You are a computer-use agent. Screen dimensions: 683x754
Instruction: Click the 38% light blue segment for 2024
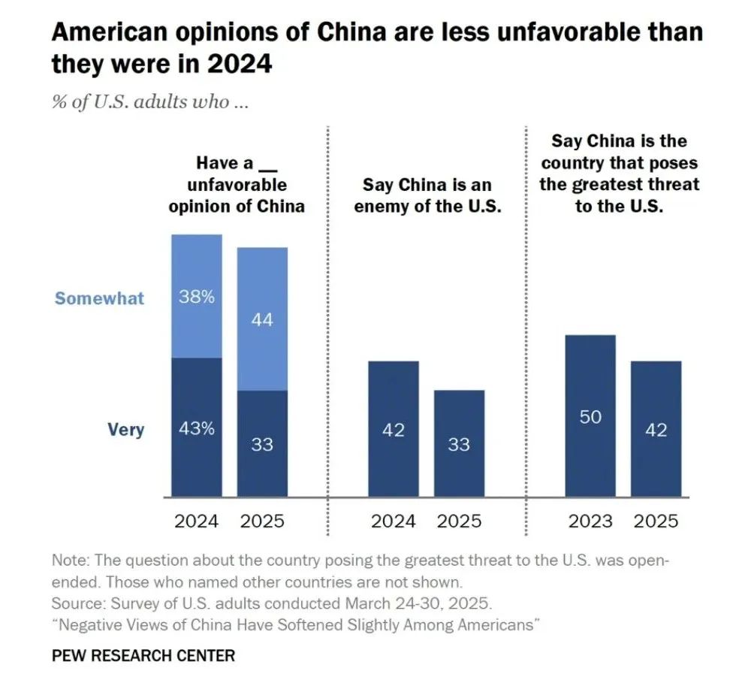click(x=197, y=296)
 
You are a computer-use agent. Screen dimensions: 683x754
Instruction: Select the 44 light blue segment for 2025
click(x=262, y=319)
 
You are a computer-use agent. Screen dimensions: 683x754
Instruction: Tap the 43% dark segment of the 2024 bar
click(x=197, y=428)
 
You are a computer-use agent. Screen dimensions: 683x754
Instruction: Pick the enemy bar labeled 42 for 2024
click(x=394, y=429)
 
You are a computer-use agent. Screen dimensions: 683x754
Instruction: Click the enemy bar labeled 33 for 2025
click(x=459, y=443)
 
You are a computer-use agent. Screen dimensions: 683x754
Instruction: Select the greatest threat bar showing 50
click(x=590, y=416)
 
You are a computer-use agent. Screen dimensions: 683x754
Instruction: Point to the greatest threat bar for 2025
click(x=656, y=429)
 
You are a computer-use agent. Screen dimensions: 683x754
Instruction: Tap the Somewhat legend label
click(x=99, y=298)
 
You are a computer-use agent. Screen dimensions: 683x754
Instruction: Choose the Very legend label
click(x=125, y=431)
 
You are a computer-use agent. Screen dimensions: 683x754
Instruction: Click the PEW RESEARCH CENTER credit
click(x=143, y=655)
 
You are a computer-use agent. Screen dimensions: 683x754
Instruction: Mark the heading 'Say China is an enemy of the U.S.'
click(x=427, y=195)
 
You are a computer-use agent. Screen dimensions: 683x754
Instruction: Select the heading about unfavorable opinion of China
click(x=237, y=185)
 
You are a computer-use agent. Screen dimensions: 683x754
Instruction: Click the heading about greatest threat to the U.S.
click(x=620, y=174)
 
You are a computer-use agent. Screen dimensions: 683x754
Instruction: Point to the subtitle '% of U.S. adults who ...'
click(x=149, y=102)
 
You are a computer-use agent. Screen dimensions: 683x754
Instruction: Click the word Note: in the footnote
click(x=71, y=561)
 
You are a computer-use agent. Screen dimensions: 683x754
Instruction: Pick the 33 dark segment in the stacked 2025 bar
click(x=262, y=443)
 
